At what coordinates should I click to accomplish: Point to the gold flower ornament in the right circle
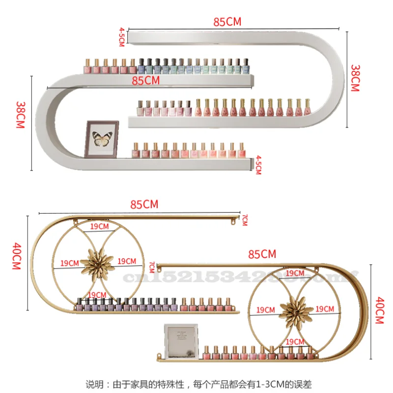[295, 309]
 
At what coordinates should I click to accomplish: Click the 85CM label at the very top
[227, 22]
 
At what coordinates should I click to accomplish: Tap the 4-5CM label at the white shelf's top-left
[121, 37]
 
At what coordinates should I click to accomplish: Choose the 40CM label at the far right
[379, 310]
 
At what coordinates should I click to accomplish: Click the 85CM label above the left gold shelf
[144, 204]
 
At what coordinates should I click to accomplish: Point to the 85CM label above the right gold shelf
[262, 254]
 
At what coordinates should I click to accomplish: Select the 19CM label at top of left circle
[100, 226]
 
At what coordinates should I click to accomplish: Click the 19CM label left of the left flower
[69, 263]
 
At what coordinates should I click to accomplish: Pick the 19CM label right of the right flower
[325, 309]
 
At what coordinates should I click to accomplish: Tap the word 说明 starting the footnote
[92, 383]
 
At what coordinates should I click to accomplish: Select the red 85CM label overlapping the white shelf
[145, 81]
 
